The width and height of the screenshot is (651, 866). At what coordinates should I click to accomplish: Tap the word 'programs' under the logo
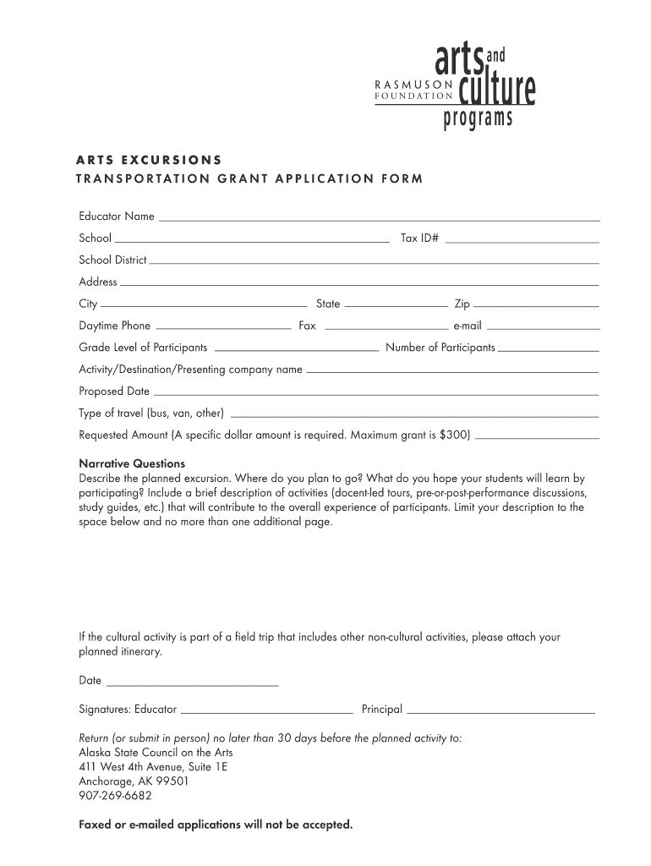click(478, 119)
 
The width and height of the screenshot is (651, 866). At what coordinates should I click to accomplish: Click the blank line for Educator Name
click(379, 219)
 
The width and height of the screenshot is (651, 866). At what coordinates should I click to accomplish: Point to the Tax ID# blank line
click(522, 241)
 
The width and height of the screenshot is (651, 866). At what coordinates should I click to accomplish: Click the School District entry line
click(374, 263)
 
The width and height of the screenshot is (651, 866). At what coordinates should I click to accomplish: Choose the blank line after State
click(396, 306)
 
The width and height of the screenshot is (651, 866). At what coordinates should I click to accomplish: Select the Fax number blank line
click(386, 328)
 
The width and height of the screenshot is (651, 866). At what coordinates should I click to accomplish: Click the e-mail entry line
click(543, 328)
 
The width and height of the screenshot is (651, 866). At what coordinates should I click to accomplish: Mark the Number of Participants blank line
click(548, 350)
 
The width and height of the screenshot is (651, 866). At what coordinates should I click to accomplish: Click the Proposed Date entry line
click(375, 394)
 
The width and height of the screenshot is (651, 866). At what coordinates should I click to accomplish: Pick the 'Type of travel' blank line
click(414, 416)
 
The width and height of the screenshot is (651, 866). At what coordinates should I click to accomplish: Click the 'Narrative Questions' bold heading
click(132, 463)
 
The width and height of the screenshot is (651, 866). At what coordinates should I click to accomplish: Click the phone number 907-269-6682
click(116, 796)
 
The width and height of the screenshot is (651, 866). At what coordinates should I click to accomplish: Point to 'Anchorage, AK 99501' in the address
click(134, 781)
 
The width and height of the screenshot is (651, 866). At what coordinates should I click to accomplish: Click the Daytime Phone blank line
click(224, 328)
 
